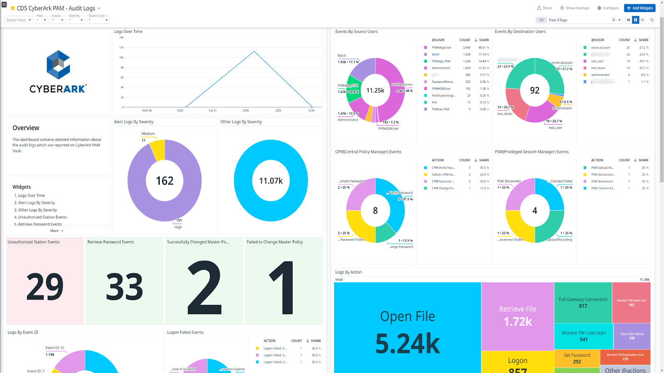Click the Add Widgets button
click(640, 8)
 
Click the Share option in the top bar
click(544, 8)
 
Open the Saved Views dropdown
click(18, 20)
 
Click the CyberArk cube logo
click(58, 65)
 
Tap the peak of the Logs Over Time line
click(254, 52)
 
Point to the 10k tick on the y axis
click(122, 57)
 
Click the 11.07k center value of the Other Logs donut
click(271, 181)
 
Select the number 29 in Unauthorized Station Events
click(45, 287)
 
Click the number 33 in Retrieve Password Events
click(124, 287)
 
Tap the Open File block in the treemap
click(407, 327)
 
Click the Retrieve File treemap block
click(518, 315)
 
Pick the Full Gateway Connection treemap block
click(583, 302)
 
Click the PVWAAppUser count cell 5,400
click(466, 48)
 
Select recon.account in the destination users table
click(601, 48)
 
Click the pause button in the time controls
click(635, 20)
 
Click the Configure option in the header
click(608, 8)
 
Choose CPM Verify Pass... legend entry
click(443, 168)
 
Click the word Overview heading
click(26, 128)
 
